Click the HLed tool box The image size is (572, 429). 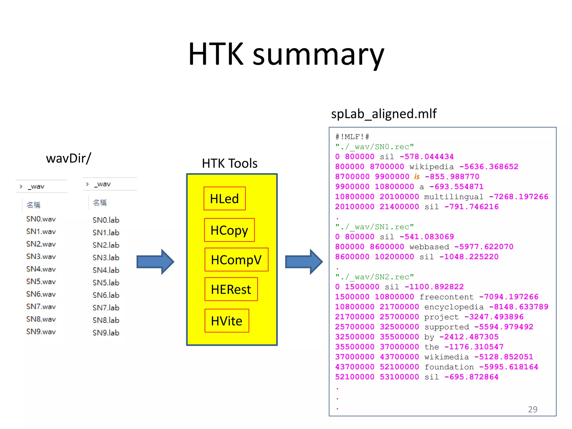click(x=225, y=199)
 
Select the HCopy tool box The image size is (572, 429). click(x=229, y=230)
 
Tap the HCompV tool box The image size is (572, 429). click(x=236, y=260)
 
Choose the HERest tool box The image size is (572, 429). click(x=231, y=289)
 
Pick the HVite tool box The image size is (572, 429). click(x=227, y=321)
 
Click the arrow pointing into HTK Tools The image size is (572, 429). click(x=155, y=262)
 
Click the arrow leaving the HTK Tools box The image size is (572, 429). click(x=304, y=262)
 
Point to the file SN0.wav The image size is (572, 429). click(x=41, y=219)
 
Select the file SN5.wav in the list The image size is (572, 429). click(x=41, y=282)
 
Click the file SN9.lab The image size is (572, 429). click(x=106, y=333)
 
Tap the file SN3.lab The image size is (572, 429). click(x=106, y=258)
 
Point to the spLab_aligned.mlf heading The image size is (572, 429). click(x=383, y=114)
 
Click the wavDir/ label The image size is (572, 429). click(x=69, y=158)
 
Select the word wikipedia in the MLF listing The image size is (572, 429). click(x=432, y=167)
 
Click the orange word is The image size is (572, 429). click(x=417, y=177)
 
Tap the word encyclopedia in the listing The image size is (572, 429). click(x=454, y=307)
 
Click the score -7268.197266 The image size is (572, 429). click(x=519, y=197)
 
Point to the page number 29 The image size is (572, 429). click(x=533, y=409)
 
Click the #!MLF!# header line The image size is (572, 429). click(x=352, y=137)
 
